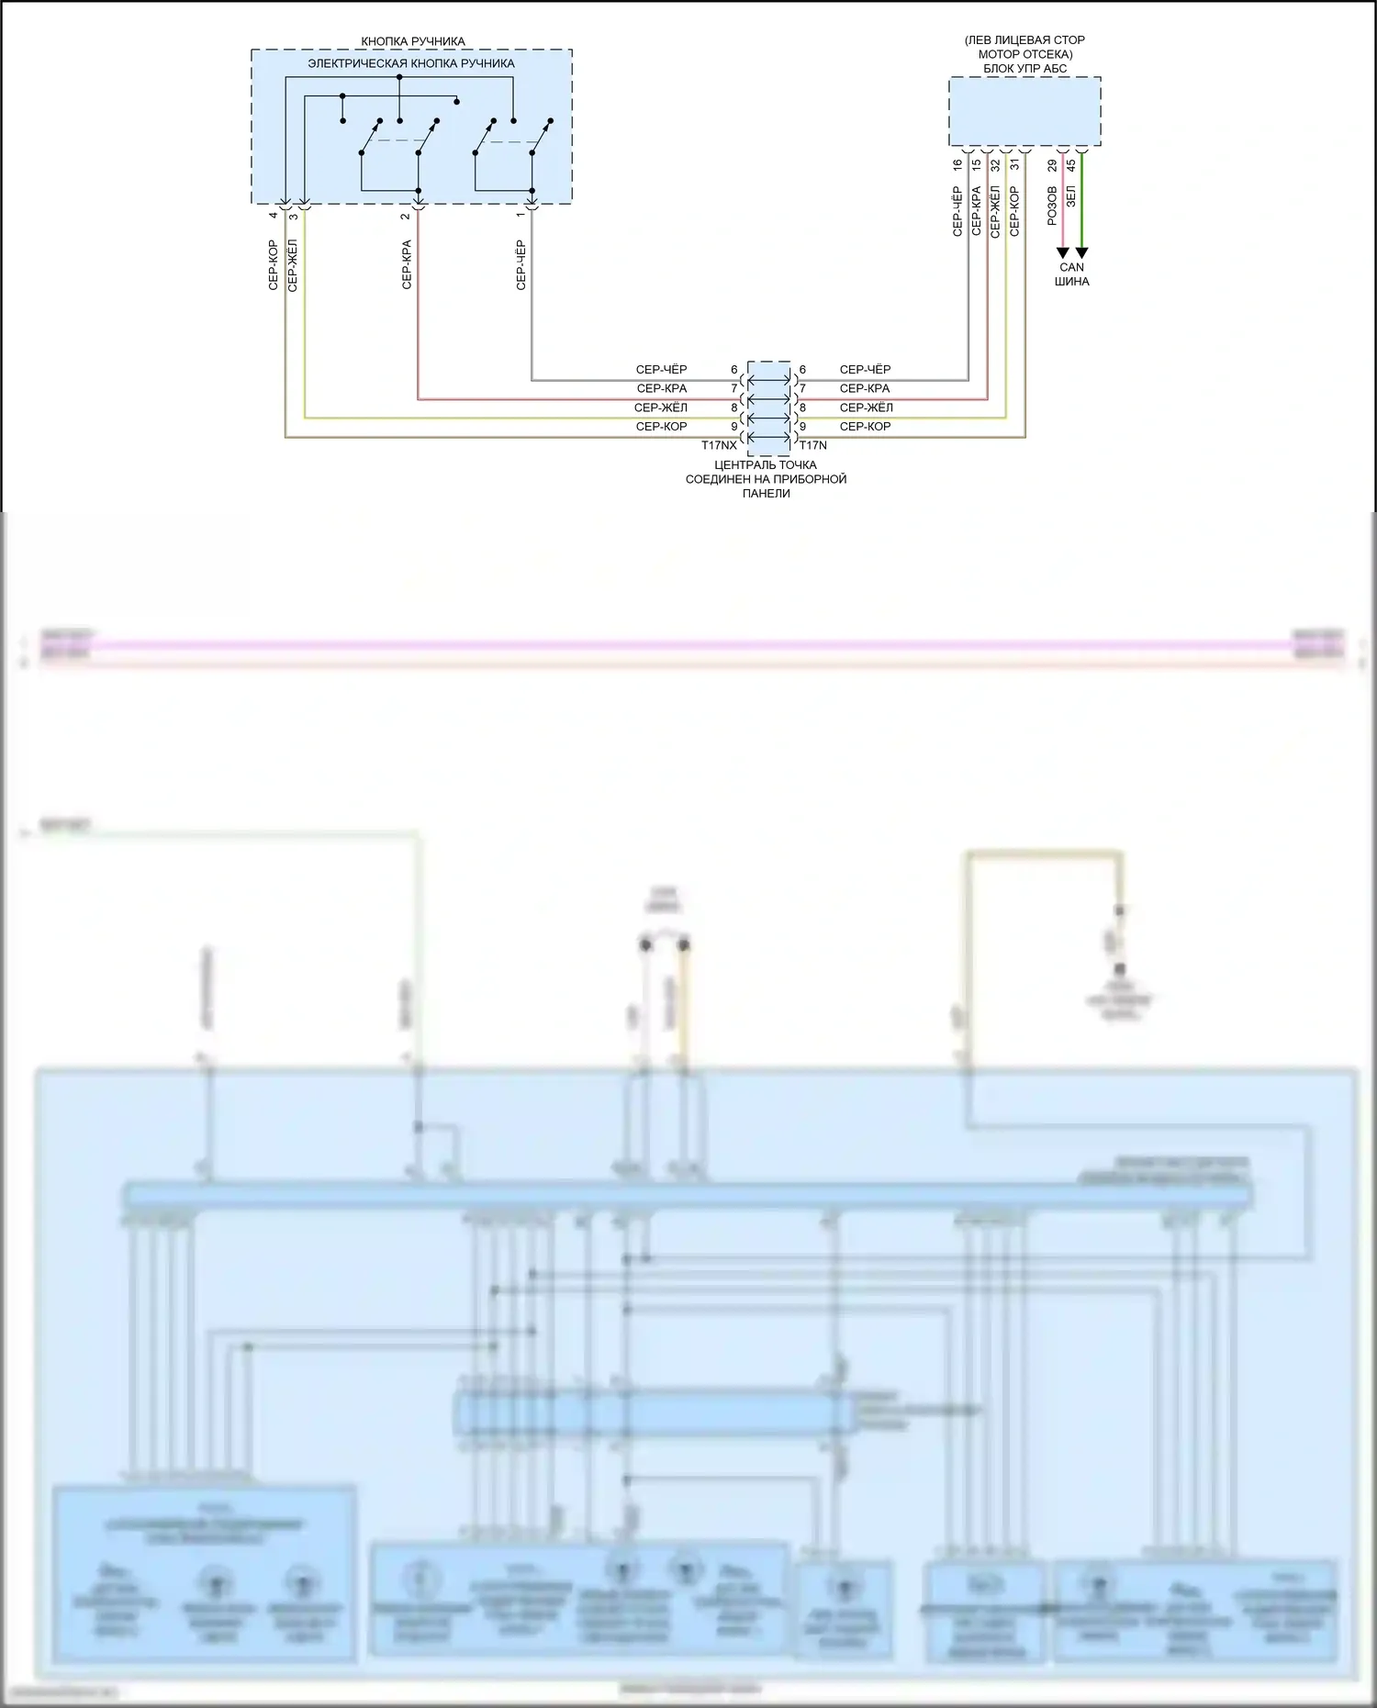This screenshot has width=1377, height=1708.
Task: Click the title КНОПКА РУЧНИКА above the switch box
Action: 412,41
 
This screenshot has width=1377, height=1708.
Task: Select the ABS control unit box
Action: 1024,111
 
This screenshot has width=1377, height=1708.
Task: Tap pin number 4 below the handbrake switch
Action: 273,216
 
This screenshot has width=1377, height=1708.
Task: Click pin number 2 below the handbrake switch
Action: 405,217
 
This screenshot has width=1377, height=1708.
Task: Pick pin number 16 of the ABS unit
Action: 957,165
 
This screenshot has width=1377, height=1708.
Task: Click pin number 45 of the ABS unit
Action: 1070,165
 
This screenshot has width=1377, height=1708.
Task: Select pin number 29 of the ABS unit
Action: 1052,165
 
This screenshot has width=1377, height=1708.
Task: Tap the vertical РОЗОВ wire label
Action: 1052,207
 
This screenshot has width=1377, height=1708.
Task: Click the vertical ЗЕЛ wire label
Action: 1070,195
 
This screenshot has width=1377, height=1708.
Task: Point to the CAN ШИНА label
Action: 1071,274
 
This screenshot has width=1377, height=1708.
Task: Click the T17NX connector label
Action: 719,445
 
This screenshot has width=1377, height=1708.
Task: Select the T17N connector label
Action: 812,445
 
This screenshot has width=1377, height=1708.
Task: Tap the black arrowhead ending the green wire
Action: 1081,252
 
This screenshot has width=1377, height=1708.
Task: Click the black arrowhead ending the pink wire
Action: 1063,252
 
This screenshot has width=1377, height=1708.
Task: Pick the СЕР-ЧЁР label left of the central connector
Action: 661,370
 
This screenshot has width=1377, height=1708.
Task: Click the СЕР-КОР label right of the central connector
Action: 865,427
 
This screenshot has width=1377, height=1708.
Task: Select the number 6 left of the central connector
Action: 734,370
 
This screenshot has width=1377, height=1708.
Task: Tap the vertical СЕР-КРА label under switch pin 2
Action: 407,265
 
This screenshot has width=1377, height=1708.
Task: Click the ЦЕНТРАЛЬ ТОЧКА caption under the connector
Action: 766,465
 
